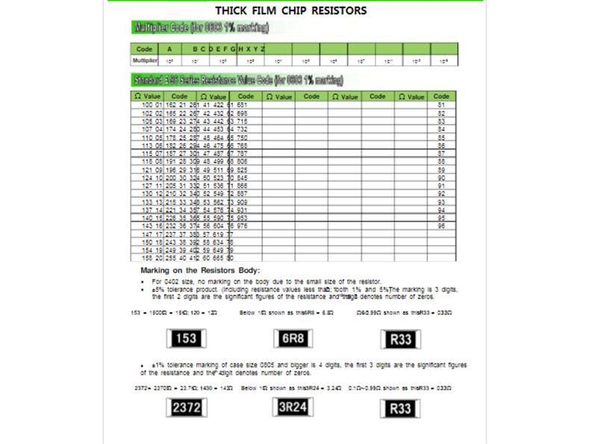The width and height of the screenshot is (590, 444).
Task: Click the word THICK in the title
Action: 232,10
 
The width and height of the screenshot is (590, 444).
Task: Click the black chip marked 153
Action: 186,339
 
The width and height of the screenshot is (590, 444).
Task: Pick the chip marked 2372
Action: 186,408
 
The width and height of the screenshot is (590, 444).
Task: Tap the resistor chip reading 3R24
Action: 293,407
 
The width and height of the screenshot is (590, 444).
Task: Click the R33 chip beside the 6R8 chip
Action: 401,340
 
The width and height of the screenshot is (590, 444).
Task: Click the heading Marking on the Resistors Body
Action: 200,270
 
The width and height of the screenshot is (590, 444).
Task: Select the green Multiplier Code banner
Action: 199,28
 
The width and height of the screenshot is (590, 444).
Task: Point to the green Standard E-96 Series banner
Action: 237,80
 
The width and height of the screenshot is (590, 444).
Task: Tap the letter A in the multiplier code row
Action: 170,49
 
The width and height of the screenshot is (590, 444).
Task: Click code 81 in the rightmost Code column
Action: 441,105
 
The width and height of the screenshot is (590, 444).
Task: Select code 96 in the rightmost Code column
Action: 441,225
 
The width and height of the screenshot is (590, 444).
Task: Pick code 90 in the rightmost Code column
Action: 441,178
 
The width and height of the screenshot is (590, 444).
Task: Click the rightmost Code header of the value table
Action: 441,96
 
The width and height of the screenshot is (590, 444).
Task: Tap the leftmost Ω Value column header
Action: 147,96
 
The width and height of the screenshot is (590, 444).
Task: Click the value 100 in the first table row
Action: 146,105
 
